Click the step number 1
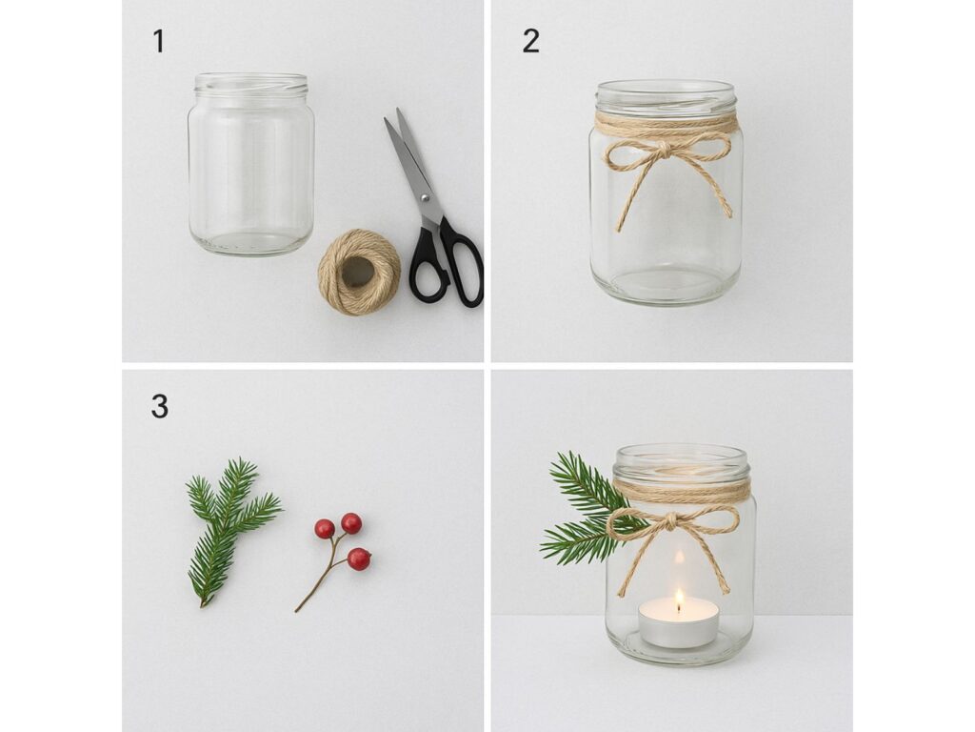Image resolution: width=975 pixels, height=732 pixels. pyautogui.click(x=159, y=42)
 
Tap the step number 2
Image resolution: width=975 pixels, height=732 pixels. pyautogui.click(x=530, y=42)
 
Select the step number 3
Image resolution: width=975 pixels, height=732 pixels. pyautogui.click(x=160, y=406)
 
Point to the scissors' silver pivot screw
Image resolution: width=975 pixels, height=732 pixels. pyautogui.click(x=425, y=198)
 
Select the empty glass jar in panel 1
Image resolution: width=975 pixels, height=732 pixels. pyautogui.click(x=250, y=164)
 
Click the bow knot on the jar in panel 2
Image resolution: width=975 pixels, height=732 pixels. pyautogui.click(x=664, y=150)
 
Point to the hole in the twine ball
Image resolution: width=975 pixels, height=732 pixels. pyautogui.click(x=358, y=272)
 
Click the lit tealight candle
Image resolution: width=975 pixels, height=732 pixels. pyautogui.click(x=678, y=622)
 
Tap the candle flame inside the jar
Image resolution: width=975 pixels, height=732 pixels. pyautogui.click(x=679, y=599)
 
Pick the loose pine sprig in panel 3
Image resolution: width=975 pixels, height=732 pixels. pyautogui.click(x=232, y=530)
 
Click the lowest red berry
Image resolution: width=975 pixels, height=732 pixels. pyautogui.click(x=359, y=559)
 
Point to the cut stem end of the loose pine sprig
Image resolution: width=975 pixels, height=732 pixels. pyautogui.click(x=202, y=604)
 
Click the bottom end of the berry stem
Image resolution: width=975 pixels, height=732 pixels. pyautogui.click(x=297, y=611)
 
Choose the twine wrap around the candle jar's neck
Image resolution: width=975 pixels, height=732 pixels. pyautogui.click(x=682, y=492)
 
